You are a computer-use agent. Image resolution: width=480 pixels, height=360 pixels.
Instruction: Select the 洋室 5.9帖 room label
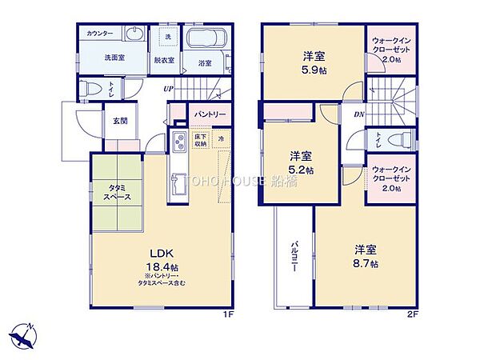click(x=312, y=62)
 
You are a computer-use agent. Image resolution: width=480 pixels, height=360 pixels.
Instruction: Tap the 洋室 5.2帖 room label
click(x=301, y=162)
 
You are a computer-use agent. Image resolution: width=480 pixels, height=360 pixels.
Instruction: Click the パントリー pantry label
click(x=210, y=114)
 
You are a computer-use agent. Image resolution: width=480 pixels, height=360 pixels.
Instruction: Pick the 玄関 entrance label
click(x=119, y=121)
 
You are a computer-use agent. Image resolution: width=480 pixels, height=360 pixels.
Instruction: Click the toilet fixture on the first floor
click(x=92, y=87)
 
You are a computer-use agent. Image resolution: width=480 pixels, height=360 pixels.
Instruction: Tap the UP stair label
click(x=168, y=88)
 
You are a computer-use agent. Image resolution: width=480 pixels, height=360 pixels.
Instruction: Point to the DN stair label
click(x=360, y=113)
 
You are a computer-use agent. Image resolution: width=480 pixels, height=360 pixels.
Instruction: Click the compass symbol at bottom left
click(x=22, y=335)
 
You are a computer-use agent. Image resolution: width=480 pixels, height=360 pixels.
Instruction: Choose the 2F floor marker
click(x=413, y=314)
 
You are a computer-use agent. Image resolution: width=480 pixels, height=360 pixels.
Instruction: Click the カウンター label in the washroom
click(x=100, y=33)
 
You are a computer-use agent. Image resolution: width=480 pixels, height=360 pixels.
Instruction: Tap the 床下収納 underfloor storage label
click(x=201, y=141)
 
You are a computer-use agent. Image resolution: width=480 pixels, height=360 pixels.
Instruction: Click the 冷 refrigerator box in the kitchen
click(x=221, y=139)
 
